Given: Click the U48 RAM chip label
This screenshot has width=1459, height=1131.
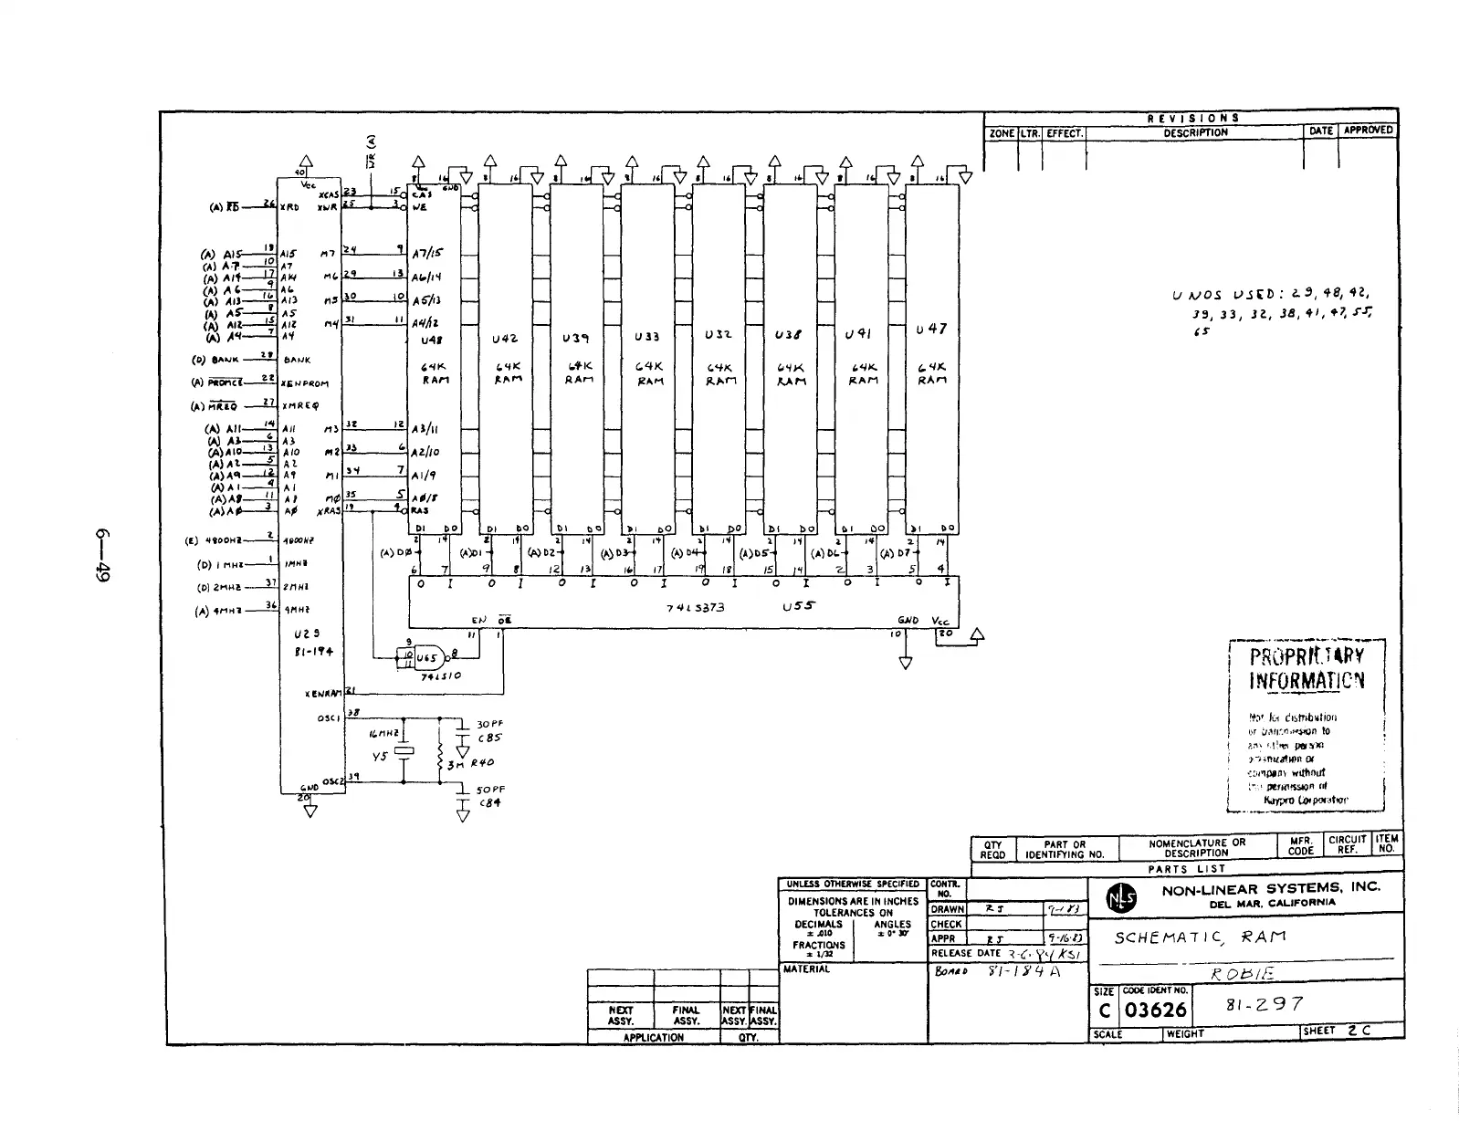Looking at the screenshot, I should [x=431, y=340].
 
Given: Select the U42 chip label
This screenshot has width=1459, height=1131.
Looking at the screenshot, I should [x=505, y=339].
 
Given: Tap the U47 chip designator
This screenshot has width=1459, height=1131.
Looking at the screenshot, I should [x=931, y=329].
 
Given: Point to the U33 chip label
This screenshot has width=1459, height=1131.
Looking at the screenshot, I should [x=646, y=337].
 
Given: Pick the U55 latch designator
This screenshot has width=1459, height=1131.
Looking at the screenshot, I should [x=798, y=605].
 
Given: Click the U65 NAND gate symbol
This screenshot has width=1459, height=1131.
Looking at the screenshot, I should [x=430, y=657].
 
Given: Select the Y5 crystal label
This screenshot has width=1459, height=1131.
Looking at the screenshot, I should [x=380, y=756].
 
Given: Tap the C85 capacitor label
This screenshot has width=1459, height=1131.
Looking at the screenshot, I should [x=490, y=738].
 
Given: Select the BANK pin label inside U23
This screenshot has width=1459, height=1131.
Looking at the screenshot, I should [x=297, y=361].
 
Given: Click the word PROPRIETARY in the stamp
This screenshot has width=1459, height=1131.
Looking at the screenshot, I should [x=1307, y=656].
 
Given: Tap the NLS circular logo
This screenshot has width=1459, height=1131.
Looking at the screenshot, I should [x=1121, y=899].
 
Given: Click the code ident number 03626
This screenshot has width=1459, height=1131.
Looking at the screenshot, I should [x=1155, y=1011].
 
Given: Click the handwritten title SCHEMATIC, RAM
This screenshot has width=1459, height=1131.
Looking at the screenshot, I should [x=1200, y=937].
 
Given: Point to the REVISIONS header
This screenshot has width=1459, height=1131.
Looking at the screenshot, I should [x=1192, y=118].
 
